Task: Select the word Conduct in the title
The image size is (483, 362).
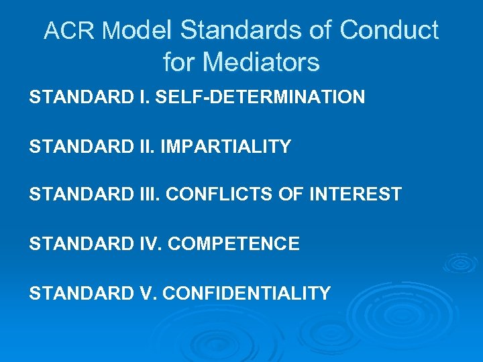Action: [389, 31]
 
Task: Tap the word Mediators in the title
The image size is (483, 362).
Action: [261, 62]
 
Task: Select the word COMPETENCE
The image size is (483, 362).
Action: [233, 244]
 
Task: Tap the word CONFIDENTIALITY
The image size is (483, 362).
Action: [247, 293]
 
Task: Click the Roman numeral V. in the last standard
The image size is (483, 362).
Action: [149, 293]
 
